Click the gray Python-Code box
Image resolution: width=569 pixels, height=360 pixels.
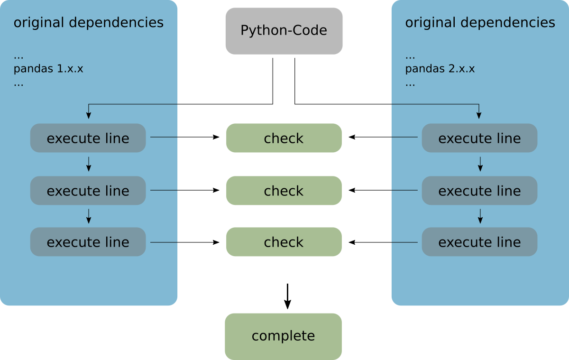click(x=284, y=31)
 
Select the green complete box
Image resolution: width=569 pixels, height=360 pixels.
click(x=283, y=336)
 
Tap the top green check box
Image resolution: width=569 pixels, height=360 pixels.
click(x=284, y=138)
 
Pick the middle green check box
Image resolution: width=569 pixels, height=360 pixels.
click(x=284, y=191)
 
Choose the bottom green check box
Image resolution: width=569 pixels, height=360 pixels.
click(x=284, y=242)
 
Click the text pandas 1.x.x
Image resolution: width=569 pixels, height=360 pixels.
click(x=48, y=69)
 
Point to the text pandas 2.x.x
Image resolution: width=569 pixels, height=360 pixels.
click(x=440, y=69)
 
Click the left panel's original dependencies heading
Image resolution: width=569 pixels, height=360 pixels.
click(x=88, y=23)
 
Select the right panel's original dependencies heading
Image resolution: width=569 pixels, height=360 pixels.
click(x=479, y=23)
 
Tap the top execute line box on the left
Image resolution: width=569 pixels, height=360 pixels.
click(x=88, y=138)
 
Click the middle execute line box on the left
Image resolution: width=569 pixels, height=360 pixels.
click(x=88, y=191)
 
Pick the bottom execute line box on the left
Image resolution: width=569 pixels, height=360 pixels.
click(x=88, y=242)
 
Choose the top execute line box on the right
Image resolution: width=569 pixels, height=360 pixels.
click(x=479, y=138)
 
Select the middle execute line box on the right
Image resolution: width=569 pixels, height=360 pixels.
click(x=479, y=191)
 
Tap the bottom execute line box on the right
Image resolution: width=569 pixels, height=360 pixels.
click(x=479, y=242)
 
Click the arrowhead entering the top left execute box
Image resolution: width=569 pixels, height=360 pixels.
click(x=88, y=115)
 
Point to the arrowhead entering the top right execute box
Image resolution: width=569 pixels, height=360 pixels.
click(x=479, y=115)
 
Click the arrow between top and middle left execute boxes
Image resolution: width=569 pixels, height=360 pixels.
click(x=88, y=165)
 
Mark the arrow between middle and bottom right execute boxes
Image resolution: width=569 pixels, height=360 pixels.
click(x=480, y=217)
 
